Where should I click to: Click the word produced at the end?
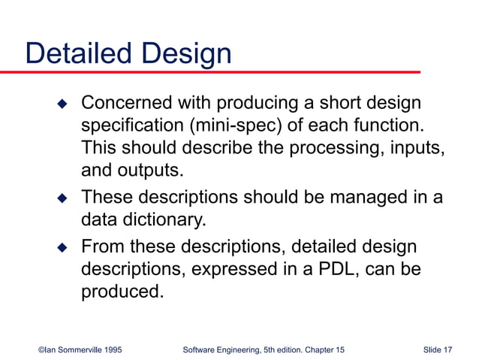(x=122, y=291)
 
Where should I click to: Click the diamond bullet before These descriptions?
(x=63, y=198)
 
